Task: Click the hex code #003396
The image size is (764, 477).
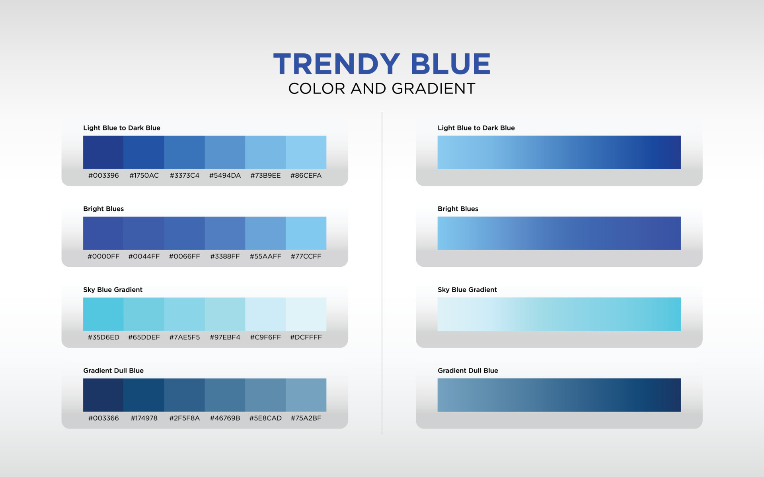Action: pos(103,175)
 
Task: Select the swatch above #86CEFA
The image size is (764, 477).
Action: pos(306,152)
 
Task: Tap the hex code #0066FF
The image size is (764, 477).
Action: pos(184,256)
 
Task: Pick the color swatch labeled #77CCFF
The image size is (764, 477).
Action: pos(306,233)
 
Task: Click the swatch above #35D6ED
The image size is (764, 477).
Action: pos(103,314)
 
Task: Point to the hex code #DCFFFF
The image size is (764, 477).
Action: pos(306,337)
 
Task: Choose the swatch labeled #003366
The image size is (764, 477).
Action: pos(103,395)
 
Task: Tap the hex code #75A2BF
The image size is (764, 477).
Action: pos(306,418)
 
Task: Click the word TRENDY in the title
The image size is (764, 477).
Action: pos(337,64)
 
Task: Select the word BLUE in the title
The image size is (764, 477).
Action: pos(450,64)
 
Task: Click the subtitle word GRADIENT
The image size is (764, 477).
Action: pos(433,89)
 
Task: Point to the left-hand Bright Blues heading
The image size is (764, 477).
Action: pos(103,209)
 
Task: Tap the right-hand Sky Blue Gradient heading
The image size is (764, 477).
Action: pos(467,290)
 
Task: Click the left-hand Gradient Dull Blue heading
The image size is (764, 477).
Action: pos(113,370)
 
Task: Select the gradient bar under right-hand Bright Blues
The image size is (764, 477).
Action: pos(559,233)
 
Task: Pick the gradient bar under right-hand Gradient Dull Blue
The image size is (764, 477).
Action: pos(559,395)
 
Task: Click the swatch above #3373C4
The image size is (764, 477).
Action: pos(184,152)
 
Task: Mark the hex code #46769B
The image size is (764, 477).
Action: pos(225,418)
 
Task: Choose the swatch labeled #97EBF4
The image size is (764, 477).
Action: pos(225,314)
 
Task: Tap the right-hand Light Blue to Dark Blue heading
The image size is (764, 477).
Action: pos(476,128)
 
